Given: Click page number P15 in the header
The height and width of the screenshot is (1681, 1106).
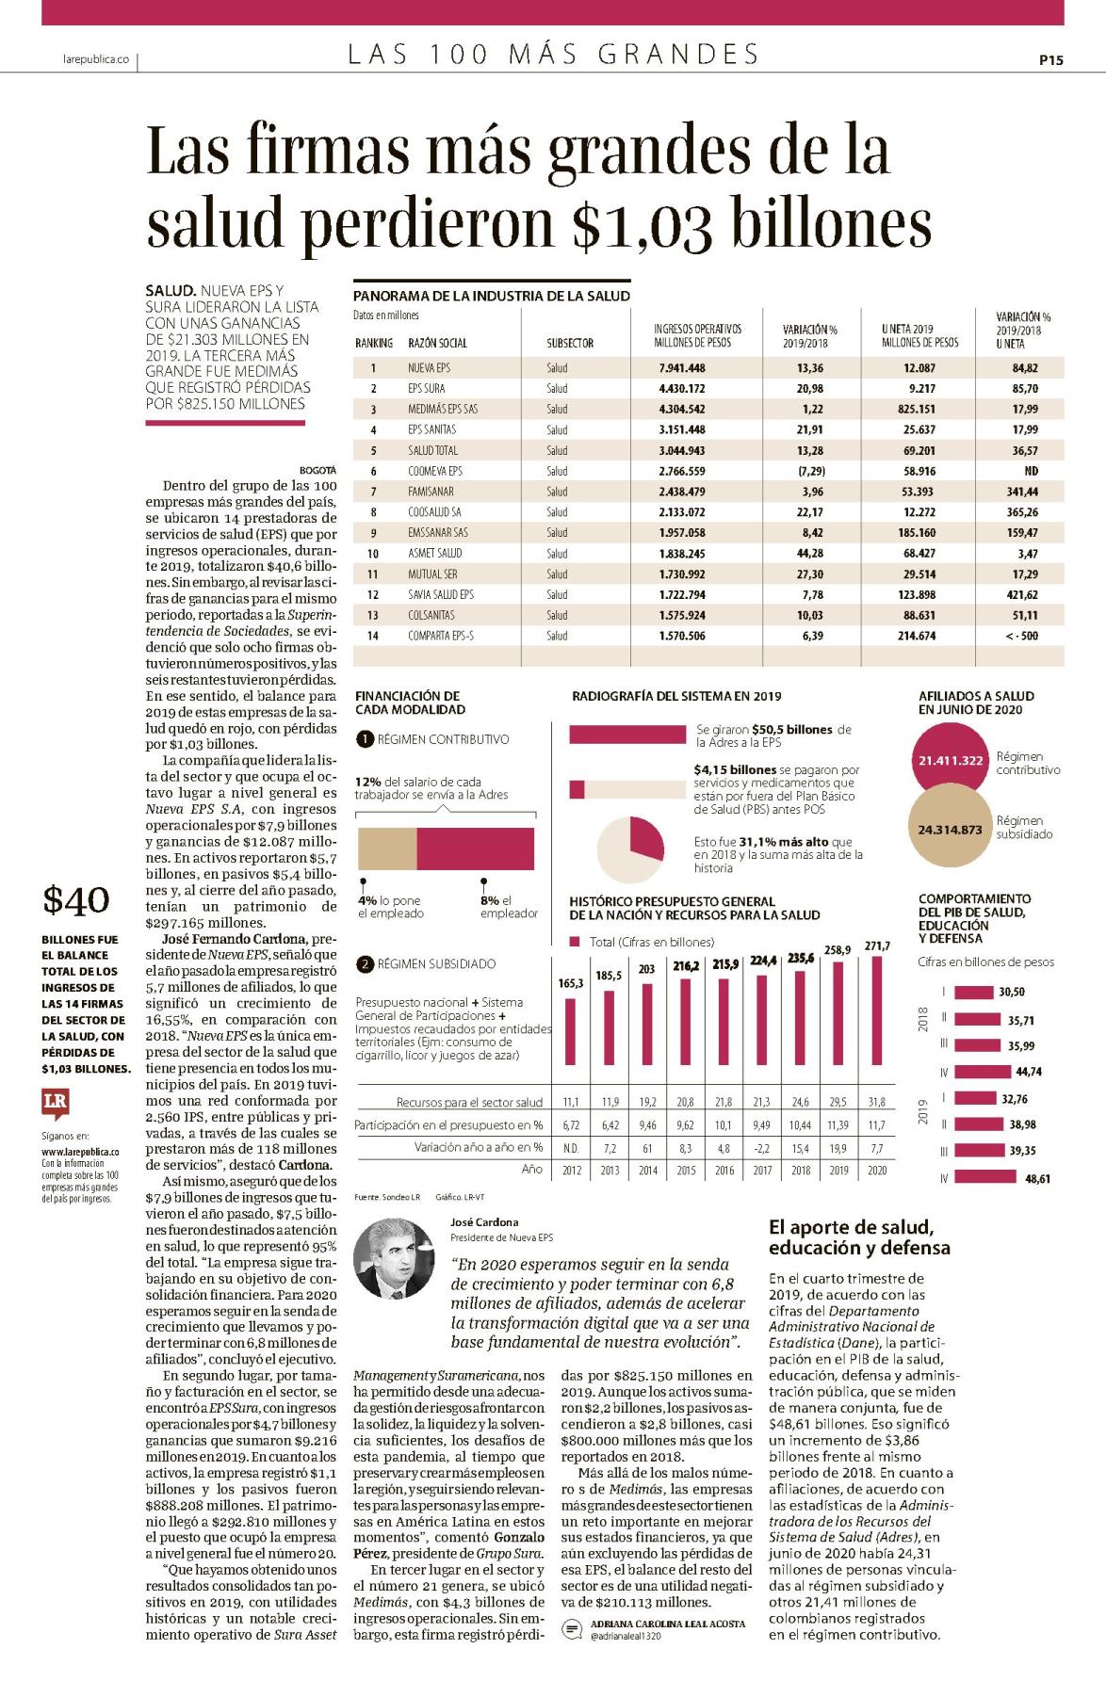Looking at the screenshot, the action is (1050, 60).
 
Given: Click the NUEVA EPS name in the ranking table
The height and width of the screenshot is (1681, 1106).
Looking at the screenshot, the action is (429, 368).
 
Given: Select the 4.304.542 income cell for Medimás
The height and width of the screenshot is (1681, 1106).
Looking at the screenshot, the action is (682, 410).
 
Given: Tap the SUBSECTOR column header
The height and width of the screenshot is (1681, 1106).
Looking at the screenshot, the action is (570, 343).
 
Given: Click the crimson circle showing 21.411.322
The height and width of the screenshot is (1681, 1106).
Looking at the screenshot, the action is (951, 760).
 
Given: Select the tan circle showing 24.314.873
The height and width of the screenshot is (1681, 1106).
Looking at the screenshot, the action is (951, 830).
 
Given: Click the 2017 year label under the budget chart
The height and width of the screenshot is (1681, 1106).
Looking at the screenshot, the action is (761, 1171).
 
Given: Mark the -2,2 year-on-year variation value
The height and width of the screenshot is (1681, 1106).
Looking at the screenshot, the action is (761, 1148).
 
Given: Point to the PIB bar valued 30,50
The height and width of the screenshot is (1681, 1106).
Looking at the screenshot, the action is (974, 992).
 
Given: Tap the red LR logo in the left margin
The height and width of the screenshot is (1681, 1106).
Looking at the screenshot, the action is (56, 1103).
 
